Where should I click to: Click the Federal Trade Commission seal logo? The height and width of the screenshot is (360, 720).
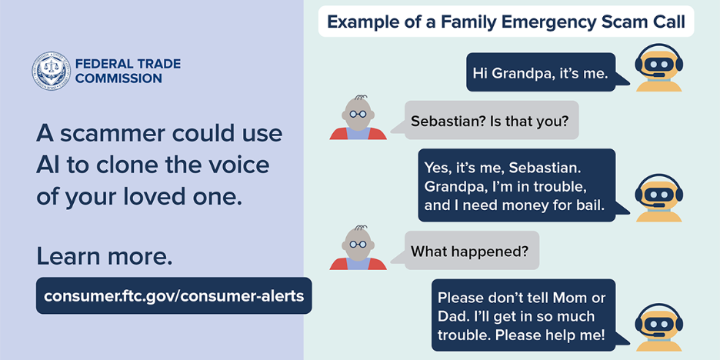coord(51,71)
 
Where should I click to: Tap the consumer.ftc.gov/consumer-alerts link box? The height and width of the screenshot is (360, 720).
coord(174,295)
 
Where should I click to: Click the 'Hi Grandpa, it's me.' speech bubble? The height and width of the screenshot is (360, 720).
coord(541,74)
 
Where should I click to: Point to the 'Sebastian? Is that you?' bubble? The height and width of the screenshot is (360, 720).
coord(491,121)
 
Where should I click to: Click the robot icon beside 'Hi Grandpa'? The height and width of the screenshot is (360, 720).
coord(658,68)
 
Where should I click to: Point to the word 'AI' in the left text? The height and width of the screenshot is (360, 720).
coord(49,165)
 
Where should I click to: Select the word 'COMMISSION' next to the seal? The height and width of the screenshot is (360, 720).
coord(118,78)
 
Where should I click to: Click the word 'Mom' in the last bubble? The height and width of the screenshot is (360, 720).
coord(565,298)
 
